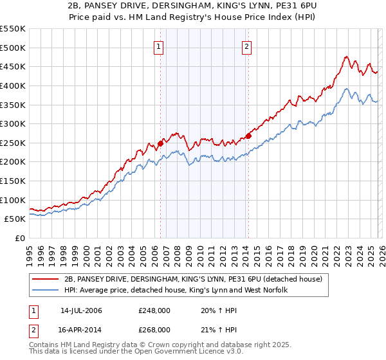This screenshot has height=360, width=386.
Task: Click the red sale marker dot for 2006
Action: (x=160, y=143)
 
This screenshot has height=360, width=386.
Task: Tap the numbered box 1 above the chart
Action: (x=159, y=46)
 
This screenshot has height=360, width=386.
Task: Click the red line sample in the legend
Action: (x=46, y=278)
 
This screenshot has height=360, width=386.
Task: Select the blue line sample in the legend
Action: (x=46, y=290)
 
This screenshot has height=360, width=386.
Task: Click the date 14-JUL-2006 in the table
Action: (x=81, y=310)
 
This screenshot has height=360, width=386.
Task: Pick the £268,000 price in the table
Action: (x=154, y=329)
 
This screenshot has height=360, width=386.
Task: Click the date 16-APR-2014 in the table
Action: (x=81, y=329)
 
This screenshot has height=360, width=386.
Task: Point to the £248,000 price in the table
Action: (x=154, y=310)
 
